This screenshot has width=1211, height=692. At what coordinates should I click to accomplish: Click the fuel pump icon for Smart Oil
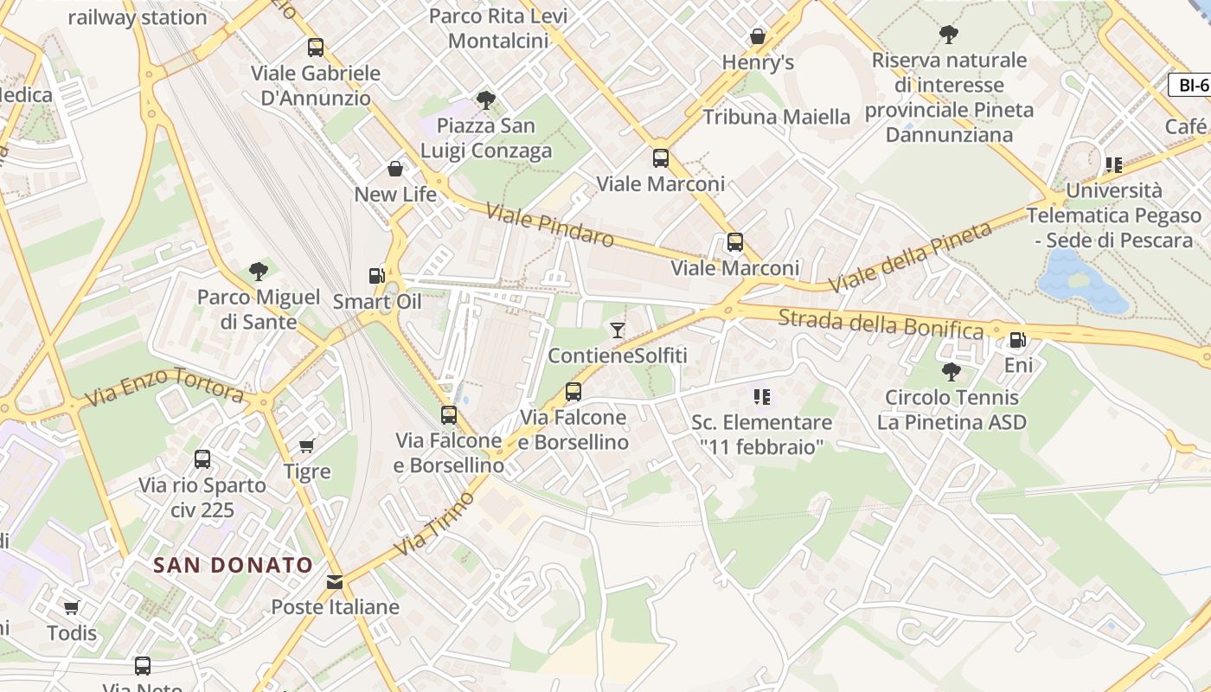[376, 276]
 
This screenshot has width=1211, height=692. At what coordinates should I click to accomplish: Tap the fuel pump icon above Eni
[1018, 340]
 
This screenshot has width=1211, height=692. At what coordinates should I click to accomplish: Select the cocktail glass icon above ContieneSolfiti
[617, 330]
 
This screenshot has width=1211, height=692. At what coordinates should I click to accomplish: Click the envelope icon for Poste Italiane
[335, 581]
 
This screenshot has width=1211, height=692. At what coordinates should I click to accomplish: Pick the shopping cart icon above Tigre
[306, 445]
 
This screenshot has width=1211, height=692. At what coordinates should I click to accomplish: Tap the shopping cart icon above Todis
[72, 607]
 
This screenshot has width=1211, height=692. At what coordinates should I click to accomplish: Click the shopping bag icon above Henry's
[758, 36]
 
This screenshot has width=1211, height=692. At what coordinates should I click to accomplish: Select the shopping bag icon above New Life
[395, 169]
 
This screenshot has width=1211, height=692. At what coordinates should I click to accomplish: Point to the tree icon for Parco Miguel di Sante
[258, 272]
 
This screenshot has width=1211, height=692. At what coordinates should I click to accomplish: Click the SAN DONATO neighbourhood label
[233, 566]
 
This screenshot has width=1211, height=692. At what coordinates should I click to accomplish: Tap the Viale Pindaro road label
[549, 225]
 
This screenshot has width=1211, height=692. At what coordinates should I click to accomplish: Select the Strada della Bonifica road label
[881, 324]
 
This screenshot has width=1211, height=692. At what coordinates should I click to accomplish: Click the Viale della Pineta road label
[910, 257]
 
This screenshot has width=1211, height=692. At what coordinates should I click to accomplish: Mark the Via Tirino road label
[435, 523]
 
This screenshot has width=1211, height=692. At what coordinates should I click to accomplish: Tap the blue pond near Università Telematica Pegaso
[1081, 281]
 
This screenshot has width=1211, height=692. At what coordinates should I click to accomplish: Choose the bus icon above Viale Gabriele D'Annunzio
[316, 48]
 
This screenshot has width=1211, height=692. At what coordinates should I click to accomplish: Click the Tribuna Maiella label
[777, 117]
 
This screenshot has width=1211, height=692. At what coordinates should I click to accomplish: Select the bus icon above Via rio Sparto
[202, 459]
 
